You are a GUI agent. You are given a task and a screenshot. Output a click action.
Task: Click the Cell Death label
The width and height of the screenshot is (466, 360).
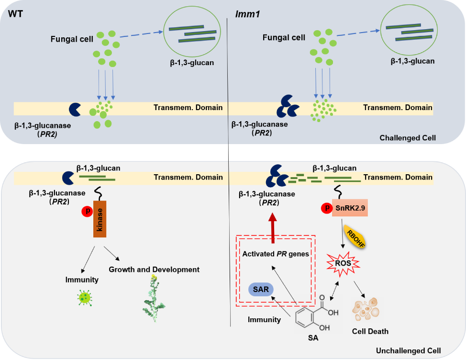coord(370,331)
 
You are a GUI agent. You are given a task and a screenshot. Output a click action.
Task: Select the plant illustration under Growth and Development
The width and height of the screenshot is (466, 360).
coord(154,299)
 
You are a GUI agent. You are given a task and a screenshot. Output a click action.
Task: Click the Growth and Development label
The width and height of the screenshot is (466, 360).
coord(154,270)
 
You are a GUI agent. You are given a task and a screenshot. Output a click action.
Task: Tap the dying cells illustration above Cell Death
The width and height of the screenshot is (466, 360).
coord(366,310)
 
